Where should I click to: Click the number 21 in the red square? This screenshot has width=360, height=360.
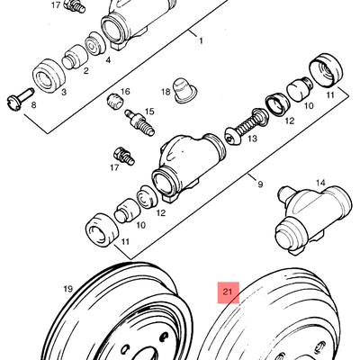coord(228,292)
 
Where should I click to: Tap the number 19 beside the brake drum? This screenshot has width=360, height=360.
coord(68,289)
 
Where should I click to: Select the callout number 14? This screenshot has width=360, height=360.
coord(320,183)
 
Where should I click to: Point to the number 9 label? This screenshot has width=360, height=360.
coord(260,184)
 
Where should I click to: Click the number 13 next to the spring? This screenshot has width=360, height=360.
coord(252,139)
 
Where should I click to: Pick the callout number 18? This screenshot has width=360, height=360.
coord(166,92)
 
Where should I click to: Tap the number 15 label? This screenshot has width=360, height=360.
coord(149,112)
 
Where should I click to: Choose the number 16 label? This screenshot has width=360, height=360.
coord(125,91)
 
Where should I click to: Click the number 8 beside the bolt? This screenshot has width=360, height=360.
coord(33,105)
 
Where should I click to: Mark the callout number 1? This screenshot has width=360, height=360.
coord(201,40)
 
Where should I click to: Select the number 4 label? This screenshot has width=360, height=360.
coord(108,60)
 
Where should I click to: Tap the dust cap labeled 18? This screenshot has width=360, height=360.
coord(184,91)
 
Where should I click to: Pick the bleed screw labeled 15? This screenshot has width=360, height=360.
coord(139,122)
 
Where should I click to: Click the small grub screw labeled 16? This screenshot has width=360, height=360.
coord(115,101)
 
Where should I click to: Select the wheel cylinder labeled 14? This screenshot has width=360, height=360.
coord(313,220)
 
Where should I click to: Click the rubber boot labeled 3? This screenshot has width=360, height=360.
coord(49,76)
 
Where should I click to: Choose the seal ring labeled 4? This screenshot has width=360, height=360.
coord(95,43)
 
